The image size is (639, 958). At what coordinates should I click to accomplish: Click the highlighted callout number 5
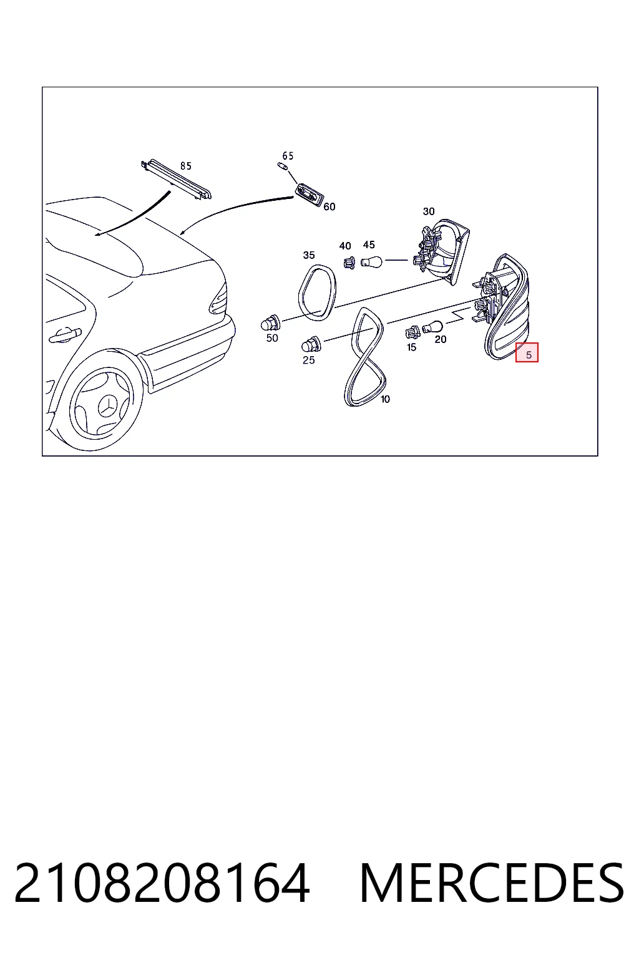click(529, 354)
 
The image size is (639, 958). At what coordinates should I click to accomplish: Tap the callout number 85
click(186, 166)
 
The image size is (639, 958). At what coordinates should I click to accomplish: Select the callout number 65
click(288, 156)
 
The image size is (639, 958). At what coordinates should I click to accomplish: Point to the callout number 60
click(329, 206)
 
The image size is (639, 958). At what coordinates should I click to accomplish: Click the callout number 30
click(429, 211)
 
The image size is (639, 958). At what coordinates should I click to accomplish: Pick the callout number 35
click(309, 255)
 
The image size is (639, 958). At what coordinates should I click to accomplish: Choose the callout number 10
click(385, 399)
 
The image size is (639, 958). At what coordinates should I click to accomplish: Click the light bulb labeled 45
click(371, 261)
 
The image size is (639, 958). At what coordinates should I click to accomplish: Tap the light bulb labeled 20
click(432, 327)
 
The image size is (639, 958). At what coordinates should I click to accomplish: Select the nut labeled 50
click(270, 322)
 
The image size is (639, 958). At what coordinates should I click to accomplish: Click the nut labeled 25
click(311, 344)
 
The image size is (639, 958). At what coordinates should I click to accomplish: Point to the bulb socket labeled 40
click(349, 262)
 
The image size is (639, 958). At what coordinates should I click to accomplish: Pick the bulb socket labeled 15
click(412, 332)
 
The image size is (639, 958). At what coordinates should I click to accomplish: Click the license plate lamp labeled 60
click(310, 195)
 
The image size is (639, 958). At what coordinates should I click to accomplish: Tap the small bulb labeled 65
click(282, 166)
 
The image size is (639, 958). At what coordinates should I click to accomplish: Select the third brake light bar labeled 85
click(176, 180)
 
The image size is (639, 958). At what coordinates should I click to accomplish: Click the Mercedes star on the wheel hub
click(107, 404)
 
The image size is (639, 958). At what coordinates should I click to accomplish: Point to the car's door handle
click(65, 335)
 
